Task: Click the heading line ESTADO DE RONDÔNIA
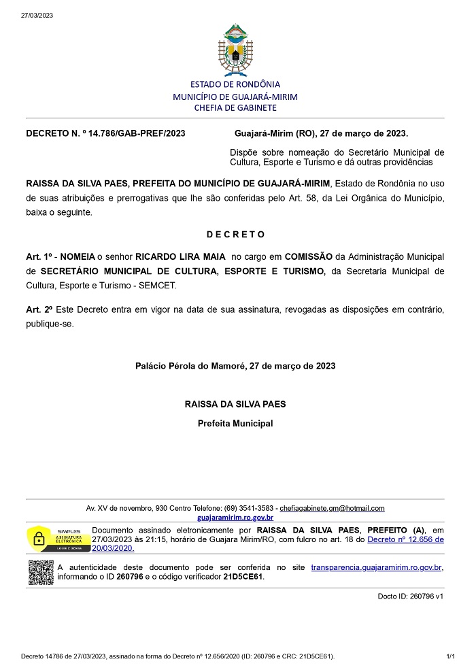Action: tap(235, 84)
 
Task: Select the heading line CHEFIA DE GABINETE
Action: tap(235, 107)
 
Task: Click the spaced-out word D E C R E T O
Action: tap(235, 235)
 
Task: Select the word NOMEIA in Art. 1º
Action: tap(78, 256)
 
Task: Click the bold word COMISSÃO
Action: tap(308, 256)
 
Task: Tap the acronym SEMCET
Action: tap(157, 286)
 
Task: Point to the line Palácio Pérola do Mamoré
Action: tap(235, 366)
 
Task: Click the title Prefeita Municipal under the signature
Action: tap(235, 423)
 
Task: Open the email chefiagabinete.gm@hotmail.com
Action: tap(333, 508)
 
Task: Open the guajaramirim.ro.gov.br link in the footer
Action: tap(235, 518)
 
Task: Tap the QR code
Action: tap(41, 572)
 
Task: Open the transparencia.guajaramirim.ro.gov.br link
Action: tap(376, 567)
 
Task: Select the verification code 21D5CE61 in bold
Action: tap(244, 577)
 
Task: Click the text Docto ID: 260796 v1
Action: tap(410, 596)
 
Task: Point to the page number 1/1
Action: tap(450, 657)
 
